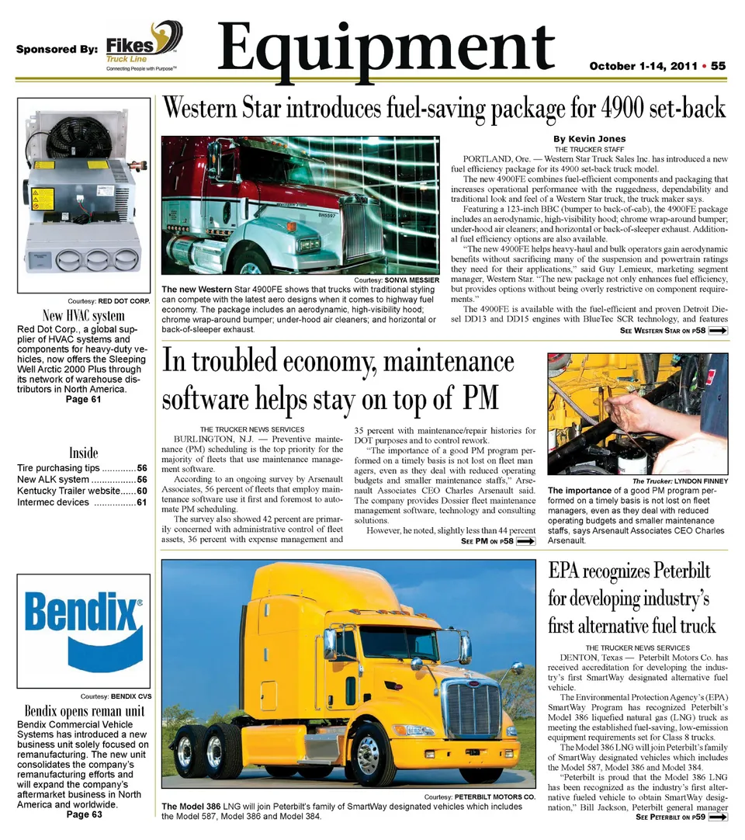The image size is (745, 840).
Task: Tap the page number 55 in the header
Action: coord(718,66)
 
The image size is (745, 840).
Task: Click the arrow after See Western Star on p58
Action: coord(718,331)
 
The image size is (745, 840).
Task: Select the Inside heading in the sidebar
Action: coord(83,453)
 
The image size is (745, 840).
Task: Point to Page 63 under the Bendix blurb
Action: coord(83,814)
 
